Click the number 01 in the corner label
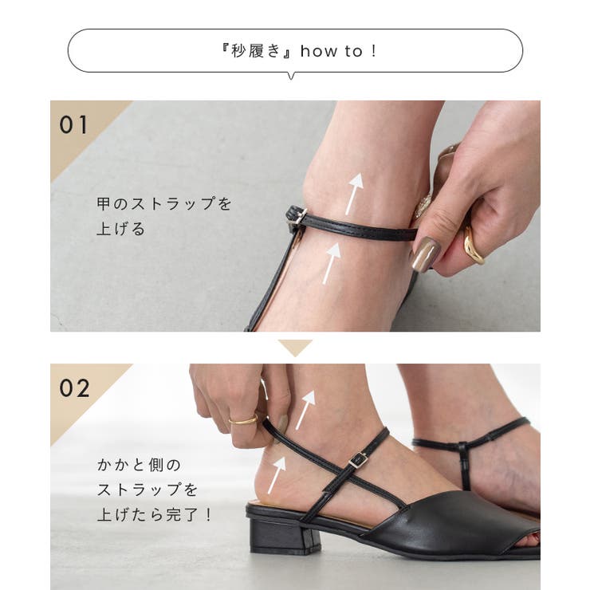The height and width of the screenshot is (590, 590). tap(74, 125)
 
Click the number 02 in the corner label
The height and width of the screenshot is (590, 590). tap(75, 388)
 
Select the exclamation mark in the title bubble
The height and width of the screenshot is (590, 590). tap(372, 51)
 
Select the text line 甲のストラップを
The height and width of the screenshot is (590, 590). tap(164, 204)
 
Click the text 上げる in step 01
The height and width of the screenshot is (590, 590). tap(121, 230)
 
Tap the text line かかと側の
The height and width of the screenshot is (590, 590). tap(139, 464)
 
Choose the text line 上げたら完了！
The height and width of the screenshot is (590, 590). tap(155, 515)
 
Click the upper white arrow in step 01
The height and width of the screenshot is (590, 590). tap(353, 193)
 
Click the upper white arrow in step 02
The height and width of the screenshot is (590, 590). tap(306, 409)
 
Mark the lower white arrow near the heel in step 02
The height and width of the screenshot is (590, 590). tap(276, 474)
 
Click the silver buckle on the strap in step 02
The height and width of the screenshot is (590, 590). tap(358, 459)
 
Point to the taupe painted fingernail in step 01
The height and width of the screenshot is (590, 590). tap(425, 254)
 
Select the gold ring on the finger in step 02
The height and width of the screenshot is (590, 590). tap(243, 419)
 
